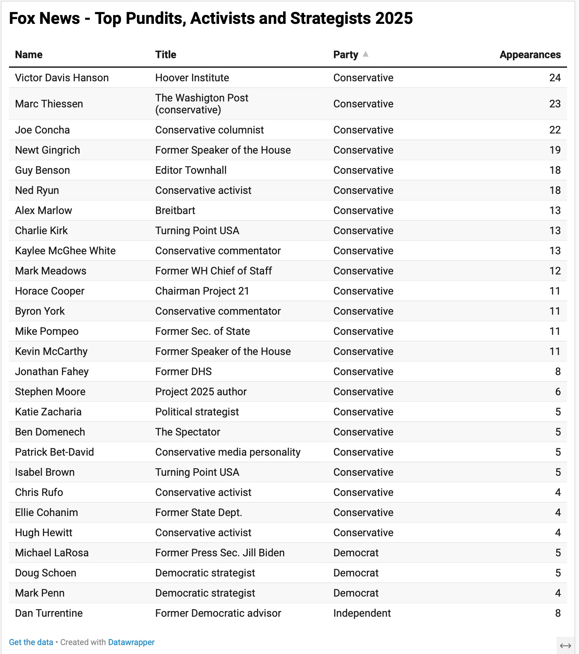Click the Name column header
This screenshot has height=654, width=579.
coord(29,54)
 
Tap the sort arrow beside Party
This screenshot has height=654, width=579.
coord(366,54)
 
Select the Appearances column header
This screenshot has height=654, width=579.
coord(530,54)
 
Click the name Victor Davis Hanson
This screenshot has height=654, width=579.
coord(62,78)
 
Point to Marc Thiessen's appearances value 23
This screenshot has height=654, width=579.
coord(555,104)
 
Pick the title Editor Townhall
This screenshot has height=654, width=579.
coord(191,170)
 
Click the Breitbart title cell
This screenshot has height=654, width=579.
coord(175,210)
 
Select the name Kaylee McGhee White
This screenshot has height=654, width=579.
coord(65,251)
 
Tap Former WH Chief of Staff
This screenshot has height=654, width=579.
coord(213,271)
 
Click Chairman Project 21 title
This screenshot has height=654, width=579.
coord(202,291)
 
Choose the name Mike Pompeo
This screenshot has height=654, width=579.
coord(47,331)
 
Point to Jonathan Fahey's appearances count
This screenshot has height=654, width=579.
coord(558,371)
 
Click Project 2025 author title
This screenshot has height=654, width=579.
coord(201,392)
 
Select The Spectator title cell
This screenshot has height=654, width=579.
coord(188,432)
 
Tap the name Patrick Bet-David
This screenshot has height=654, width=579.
coord(54,452)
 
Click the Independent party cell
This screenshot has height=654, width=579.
coord(362,613)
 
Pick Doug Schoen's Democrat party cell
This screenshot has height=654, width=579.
coord(356,573)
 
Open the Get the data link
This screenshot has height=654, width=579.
coord(31,642)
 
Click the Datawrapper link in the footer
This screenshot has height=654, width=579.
coord(131,642)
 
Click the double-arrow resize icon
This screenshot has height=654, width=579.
coord(566,646)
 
